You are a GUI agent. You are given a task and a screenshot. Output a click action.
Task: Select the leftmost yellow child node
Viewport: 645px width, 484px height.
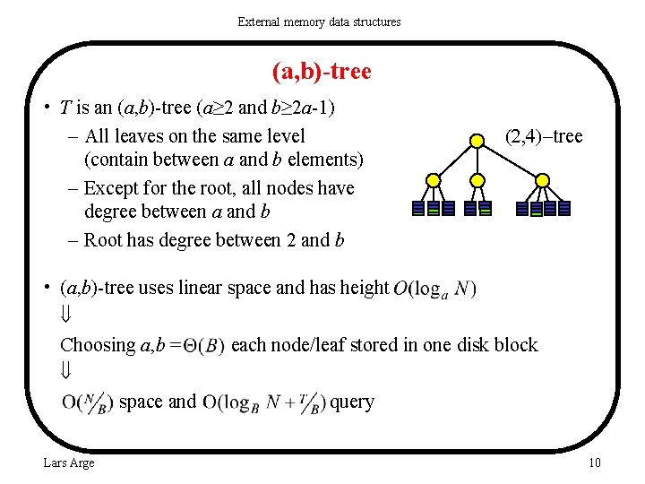point(434,180)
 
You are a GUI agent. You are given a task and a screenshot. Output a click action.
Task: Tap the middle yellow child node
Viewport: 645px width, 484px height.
point(478,180)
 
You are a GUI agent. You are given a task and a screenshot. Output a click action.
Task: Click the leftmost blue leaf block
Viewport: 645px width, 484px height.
point(418,208)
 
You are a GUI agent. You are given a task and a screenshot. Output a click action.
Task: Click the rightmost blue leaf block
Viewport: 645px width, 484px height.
point(564,208)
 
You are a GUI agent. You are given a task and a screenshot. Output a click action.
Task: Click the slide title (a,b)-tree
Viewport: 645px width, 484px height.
point(322,71)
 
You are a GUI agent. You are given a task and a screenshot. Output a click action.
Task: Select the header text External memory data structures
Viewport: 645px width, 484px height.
point(319,22)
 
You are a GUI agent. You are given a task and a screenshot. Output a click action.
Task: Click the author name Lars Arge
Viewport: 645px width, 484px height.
point(69,462)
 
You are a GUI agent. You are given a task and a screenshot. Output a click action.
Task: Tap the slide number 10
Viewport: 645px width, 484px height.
point(594,462)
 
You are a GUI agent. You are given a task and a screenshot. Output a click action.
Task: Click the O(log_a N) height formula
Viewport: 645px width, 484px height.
point(434,289)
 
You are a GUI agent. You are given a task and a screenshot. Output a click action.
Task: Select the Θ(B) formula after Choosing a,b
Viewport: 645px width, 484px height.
point(203,346)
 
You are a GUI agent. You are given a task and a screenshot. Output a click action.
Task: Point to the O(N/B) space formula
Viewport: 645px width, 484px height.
point(88,402)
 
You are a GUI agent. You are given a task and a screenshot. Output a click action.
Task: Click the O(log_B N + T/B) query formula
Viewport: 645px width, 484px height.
point(264,402)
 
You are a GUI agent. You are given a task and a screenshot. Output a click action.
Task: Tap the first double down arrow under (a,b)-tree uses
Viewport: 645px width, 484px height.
point(65,316)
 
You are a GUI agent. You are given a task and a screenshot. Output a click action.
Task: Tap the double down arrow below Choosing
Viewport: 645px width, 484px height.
point(65,371)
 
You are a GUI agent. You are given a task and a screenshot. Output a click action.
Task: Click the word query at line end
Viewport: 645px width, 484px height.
point(352,402)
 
